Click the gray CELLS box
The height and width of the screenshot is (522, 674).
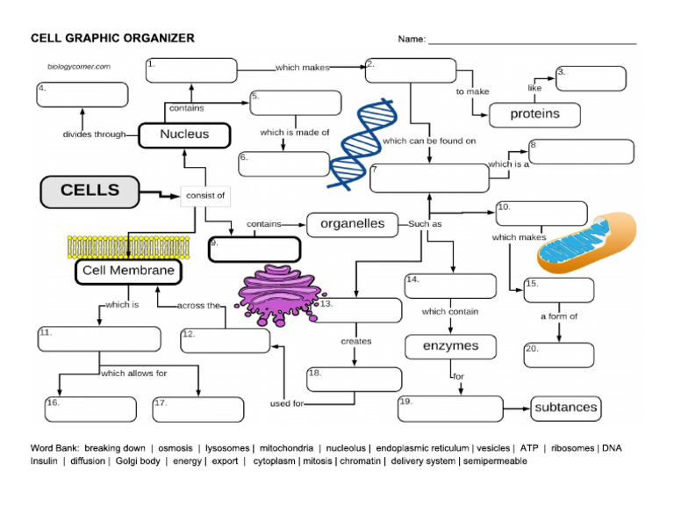point(90,191)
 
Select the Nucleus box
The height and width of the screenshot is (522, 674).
point(184,134)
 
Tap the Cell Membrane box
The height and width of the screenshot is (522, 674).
point(128,272)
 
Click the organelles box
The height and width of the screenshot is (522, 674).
point(352,224)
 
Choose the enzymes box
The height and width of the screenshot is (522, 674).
point(450,346)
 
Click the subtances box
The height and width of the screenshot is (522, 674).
point(566,407)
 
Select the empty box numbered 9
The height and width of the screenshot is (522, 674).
point(255,250)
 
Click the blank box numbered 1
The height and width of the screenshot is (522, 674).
point(191,70)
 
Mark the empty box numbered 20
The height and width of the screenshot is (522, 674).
point(559,355)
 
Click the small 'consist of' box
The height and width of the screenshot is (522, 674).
point(204,195)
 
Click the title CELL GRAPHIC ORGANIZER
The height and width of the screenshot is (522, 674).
point(112,38)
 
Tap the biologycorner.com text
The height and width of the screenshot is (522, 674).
point(78,66)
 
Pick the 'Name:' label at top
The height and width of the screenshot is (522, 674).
point(412,39)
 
